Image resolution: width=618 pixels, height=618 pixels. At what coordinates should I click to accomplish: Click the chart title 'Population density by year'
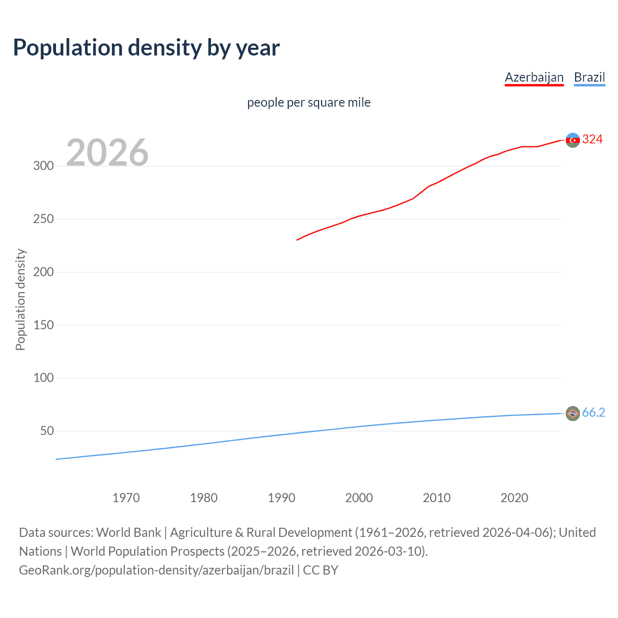(x=146, y=48)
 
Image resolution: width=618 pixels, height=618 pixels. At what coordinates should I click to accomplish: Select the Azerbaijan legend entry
(x=534, y=77)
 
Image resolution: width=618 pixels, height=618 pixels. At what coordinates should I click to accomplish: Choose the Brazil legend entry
(x=589, y=77)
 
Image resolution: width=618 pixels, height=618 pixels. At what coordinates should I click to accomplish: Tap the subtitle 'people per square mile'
(x=309, y=102)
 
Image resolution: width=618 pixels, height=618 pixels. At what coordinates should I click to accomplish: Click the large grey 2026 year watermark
(x=107, y=153)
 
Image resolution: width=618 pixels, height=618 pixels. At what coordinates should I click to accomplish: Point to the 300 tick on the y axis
(x=43, y=166)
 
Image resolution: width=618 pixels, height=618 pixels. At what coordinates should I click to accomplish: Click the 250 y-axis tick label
(x=43, y=219)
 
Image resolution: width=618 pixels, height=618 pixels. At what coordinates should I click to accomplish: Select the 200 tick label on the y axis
(x=43, y=272)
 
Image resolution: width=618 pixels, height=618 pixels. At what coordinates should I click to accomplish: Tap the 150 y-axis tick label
(x=43, y=325)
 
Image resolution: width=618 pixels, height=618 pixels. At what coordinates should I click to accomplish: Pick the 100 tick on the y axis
(x=43, y=378)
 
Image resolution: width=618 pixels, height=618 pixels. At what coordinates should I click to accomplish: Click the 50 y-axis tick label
(x=47, y=431)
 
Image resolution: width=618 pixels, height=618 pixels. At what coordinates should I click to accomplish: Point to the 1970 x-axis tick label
(x=126, y=498)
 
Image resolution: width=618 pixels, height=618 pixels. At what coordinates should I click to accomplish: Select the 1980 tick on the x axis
(x=204, y=498)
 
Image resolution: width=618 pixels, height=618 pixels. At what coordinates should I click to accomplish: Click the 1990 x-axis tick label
(x=281, y=498)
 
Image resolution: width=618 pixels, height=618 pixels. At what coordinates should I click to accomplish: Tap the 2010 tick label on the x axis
(x=436, y=498)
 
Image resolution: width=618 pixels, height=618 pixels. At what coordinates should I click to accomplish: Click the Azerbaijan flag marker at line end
(x=573, y=140)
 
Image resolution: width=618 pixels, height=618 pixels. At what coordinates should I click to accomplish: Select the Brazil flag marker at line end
(x=573, y=413)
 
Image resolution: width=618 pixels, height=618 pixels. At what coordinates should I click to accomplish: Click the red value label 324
(x=592, y=140)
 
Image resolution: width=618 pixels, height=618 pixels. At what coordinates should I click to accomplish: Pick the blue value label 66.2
(x=593, y=413)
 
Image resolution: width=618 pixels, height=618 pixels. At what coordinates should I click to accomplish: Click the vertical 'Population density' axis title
(x=20, y=299)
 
